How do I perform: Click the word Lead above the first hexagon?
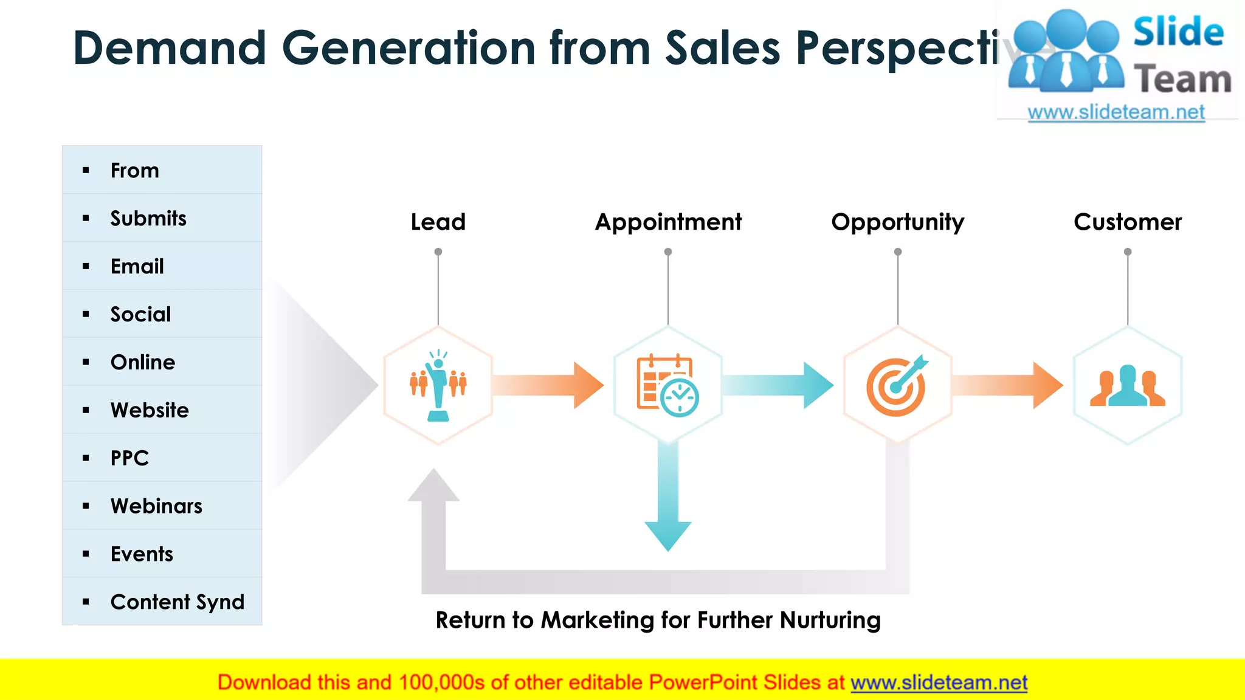click(438, 222)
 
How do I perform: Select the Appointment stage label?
click(668, 222)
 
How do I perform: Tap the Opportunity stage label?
click(897, 222)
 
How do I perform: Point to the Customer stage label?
click(1128, 222)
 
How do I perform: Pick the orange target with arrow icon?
click(897, 386)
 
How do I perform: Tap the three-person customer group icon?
click(1128, 386)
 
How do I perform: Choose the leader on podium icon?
click(438, 386)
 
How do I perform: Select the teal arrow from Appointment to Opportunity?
click(778, 385)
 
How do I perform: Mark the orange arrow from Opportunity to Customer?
click(1008, 385)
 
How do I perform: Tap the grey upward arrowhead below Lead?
click(433, 486)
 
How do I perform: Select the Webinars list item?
click(156, 506)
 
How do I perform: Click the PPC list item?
click(129, 458)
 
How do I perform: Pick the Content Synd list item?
click(177, 602)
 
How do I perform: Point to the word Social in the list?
click(140, 315)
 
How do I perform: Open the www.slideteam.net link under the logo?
click(1116, 112)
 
